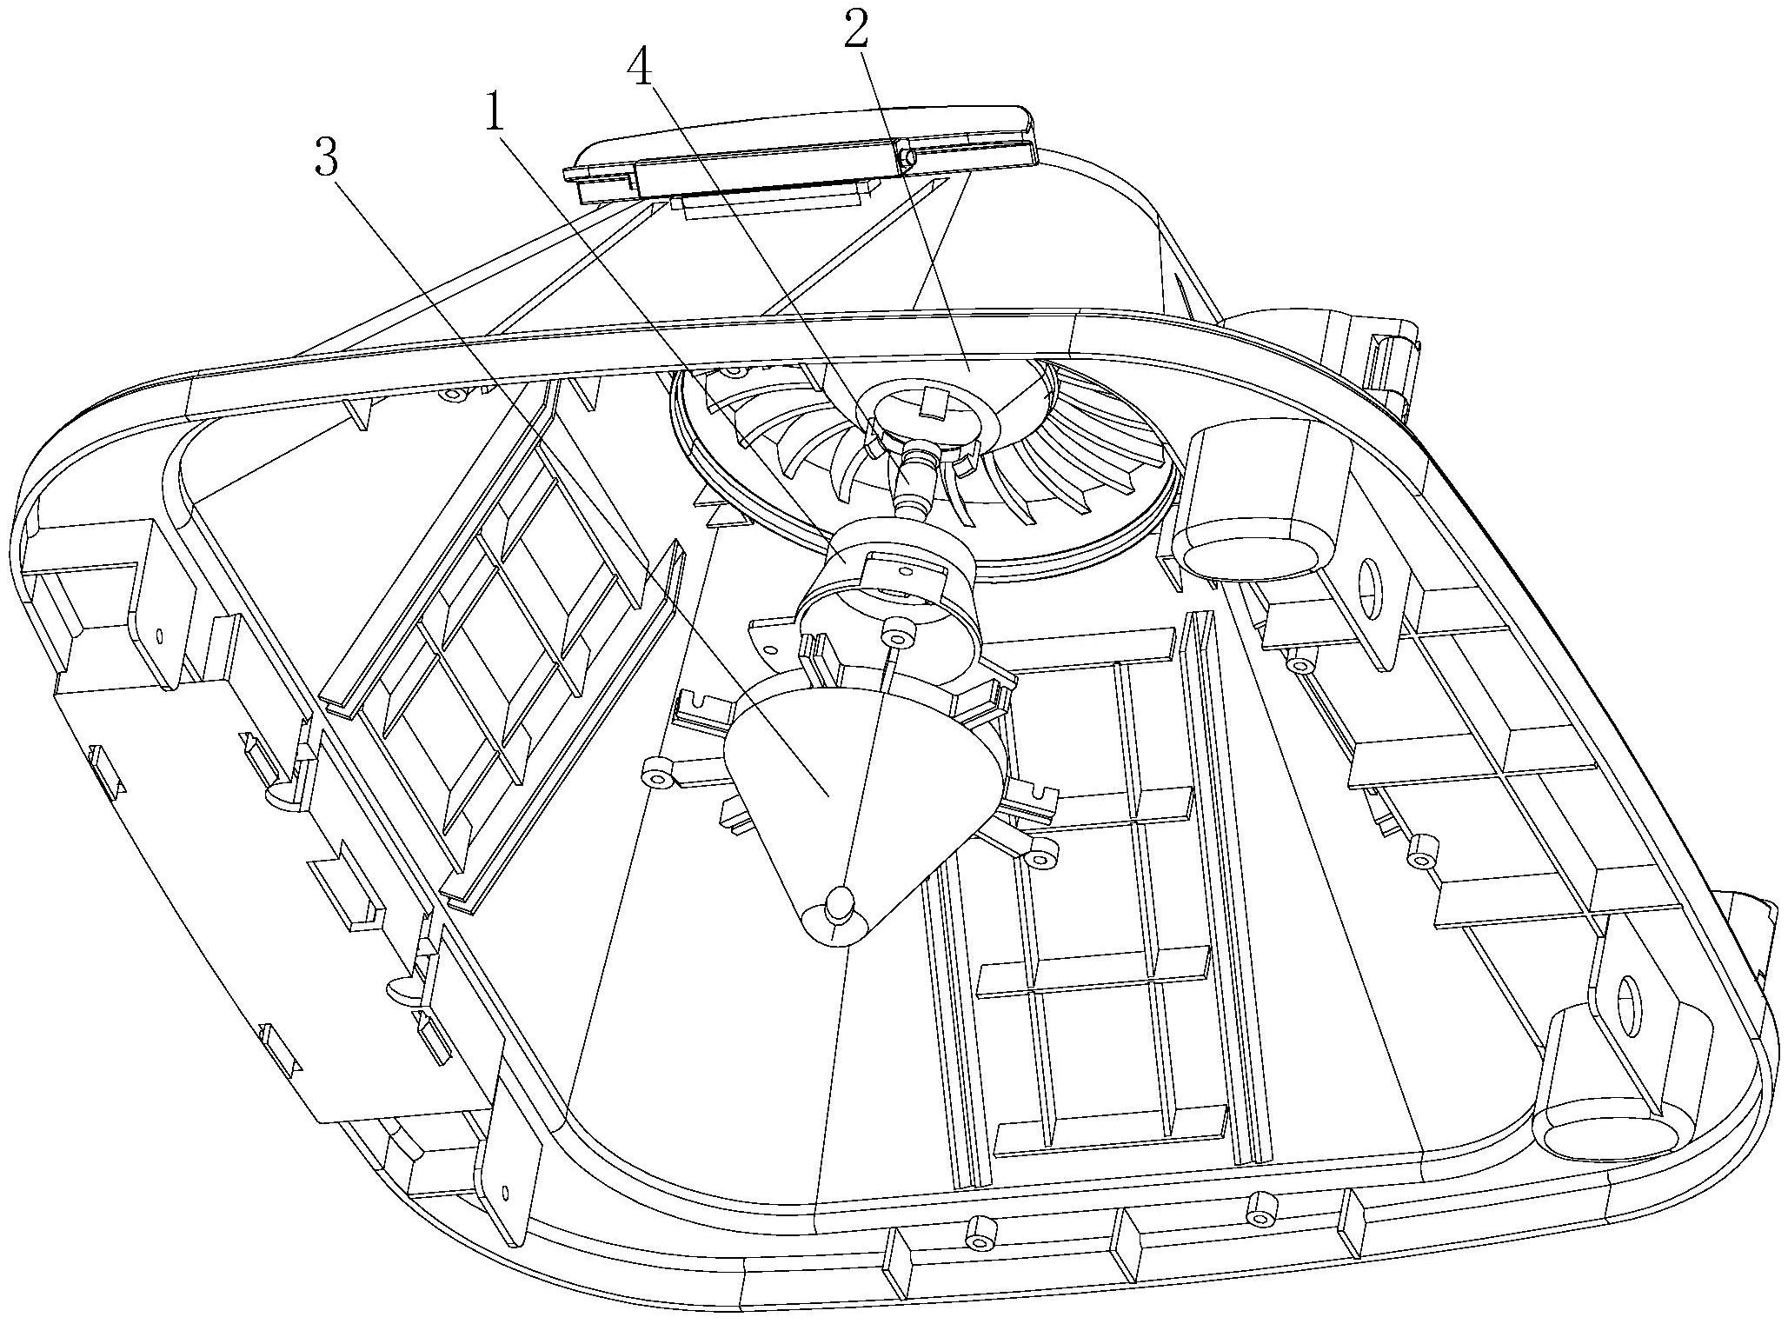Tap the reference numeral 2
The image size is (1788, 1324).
(855, 31)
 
